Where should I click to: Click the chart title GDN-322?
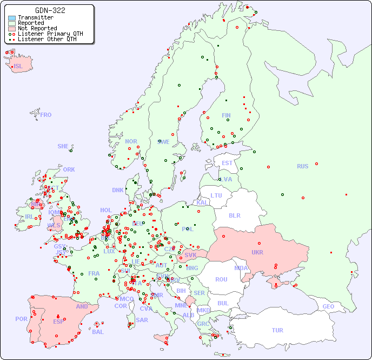[x=50, y=10]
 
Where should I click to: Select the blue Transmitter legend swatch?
[x=12, y=17]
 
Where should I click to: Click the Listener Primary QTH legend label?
[x=50, y=34]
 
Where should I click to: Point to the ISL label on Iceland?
[x=18, y=67]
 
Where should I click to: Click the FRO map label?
[x=46, y=115]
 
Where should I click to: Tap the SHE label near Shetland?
[x=63, y=146]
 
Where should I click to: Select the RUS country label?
[x=302, y=166]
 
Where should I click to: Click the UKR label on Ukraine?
[x=257, y=252]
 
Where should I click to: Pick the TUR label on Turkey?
[x=277, y=330]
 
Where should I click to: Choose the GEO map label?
[x=328, y=306]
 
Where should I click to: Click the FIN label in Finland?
[x=226, y=115]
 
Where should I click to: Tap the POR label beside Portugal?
[x=21, y=319]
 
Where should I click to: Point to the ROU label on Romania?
[x=221, y=279]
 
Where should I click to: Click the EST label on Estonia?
[x=227, y=163]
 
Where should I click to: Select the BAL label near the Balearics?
[x=98, y=332]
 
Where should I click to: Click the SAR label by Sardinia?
[x=142, y=320]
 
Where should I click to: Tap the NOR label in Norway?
[x=131, y=141]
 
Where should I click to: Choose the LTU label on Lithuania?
[x=216, y=195]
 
